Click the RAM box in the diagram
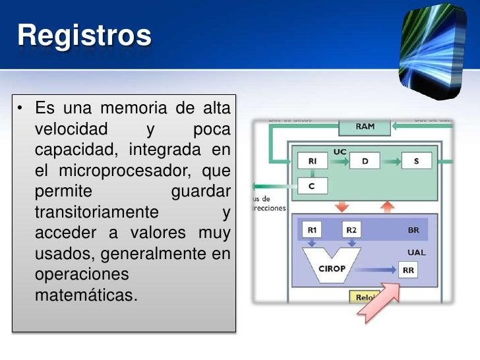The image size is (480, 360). point(365,127)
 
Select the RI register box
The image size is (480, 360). point(312,161)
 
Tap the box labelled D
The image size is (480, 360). point(365,161)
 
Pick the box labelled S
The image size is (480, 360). point(416,161)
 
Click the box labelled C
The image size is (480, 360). point(312,187)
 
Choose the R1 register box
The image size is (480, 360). point(312,230)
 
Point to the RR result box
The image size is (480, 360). point(409,270)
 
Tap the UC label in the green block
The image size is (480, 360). point(340,151)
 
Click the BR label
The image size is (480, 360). point(413,231)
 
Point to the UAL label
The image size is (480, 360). point(416,252)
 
